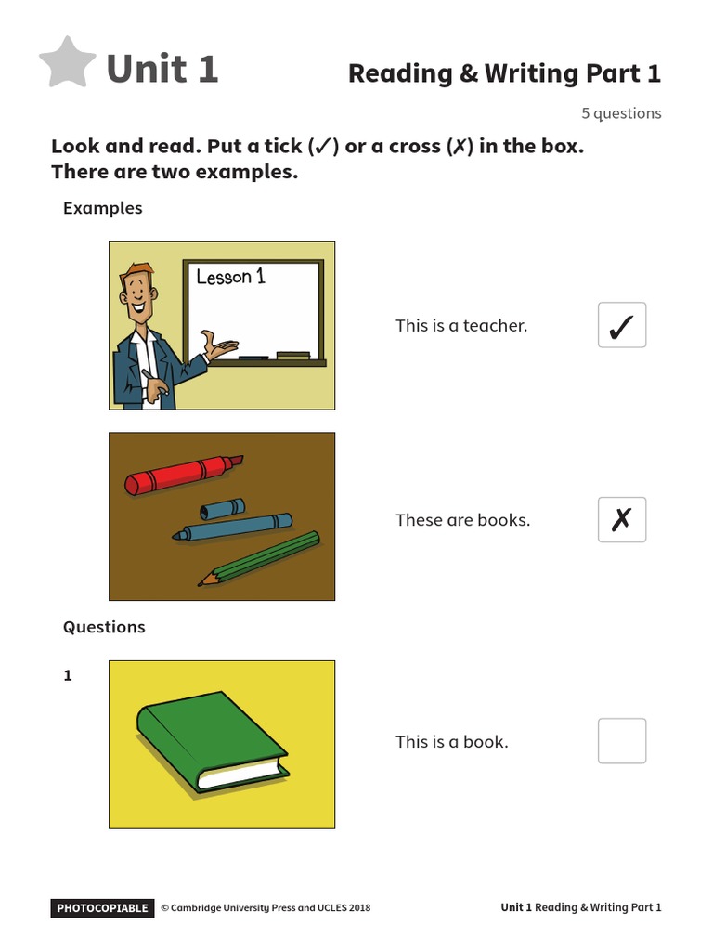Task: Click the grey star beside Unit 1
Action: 68,64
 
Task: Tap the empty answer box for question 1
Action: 621,740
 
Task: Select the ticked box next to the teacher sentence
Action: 621,325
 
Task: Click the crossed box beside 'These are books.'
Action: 621,520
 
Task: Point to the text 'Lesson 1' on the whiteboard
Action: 230,276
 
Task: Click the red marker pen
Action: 182,475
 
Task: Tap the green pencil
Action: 260,557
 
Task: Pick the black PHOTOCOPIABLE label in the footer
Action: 101,908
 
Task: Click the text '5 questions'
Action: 621,113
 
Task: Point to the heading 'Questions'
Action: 104,627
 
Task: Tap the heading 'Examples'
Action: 102,208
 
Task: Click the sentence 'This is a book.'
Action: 451,741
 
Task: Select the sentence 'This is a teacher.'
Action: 460,325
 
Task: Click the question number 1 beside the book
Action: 68,675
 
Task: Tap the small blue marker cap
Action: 223,509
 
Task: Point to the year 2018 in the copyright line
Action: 357,908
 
